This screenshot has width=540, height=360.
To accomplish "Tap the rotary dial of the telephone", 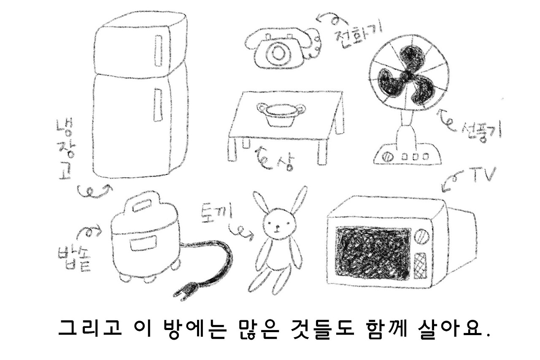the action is pyautogui.click(x=278, y=53).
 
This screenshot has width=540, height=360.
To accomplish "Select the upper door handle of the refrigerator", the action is pyautogui.click(x=159, y=51).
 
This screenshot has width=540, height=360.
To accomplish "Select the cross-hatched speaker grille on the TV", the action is pyautogui.click(x=420, y=265).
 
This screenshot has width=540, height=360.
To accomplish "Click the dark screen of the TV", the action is pyautogui.click(x=372, y=253).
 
